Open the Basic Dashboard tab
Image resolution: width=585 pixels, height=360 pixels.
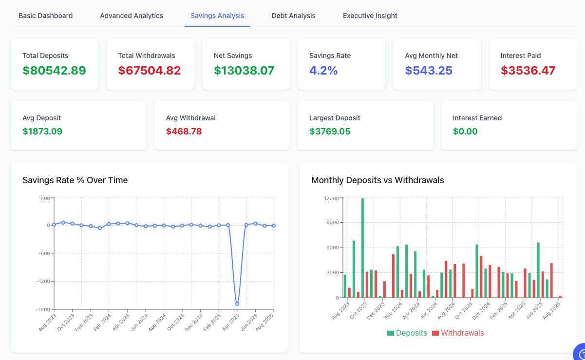(x=46, y=16)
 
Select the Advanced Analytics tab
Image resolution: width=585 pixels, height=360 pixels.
(x=132, y=16)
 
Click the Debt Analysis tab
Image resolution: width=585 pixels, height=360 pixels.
(x=293, y=16)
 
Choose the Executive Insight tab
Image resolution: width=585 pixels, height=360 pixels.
(x=370, y=16)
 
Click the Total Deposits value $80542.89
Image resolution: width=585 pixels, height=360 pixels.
(x=54, y=71)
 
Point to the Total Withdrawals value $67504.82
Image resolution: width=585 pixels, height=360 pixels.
(x=150, y=71)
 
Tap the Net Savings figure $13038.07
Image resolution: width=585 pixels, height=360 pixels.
(x=244, y=71)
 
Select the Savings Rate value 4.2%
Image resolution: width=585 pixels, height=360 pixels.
(x=323, y=71)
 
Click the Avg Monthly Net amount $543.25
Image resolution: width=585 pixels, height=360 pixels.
(x=429, y=71)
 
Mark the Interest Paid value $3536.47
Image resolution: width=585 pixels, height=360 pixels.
(x=528, y=71)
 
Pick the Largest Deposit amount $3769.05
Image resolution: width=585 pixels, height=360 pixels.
(x=330, y=132)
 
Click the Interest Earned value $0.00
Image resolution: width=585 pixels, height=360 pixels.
(x=465, y=132)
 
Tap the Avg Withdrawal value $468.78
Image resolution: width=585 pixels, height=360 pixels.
(x=184, y=132)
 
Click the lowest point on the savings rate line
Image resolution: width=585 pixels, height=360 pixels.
(x=237, y=304)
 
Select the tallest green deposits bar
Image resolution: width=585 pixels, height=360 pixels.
(x=362, y=247)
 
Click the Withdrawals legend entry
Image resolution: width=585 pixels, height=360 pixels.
(x=458, y=333)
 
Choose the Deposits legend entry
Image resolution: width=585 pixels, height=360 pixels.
(x=407, y=333)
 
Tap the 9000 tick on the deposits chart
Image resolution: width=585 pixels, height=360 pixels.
(x=332, y=223)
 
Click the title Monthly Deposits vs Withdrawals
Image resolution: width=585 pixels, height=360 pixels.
(x=377, y=180)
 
